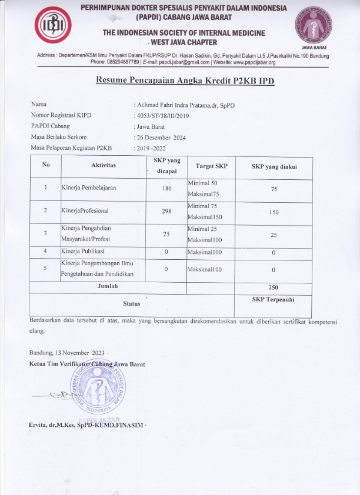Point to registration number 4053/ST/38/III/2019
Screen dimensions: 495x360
click(166, 116)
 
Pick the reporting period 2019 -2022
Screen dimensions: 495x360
click(155, 148)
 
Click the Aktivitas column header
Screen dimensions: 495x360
click(104, 165)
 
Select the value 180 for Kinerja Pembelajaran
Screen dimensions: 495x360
click(166, 188)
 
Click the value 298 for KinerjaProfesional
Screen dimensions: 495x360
click(166, 210)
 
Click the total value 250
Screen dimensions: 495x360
click(274, 287)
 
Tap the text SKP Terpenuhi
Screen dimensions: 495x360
click(273, 299)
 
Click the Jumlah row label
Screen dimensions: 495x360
click(108, 286)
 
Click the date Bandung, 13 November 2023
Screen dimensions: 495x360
click(66, 352)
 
